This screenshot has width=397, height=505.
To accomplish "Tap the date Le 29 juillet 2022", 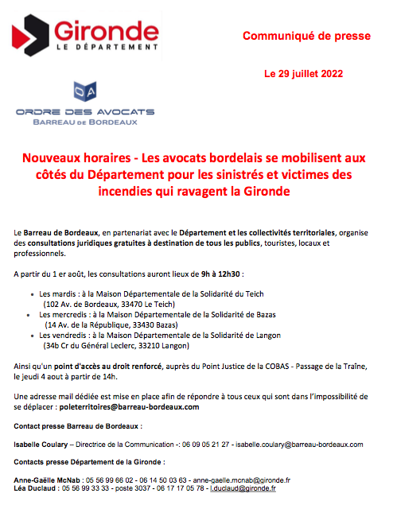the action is (303, 74).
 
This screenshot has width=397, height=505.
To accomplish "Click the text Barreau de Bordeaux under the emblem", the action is (85, 122).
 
